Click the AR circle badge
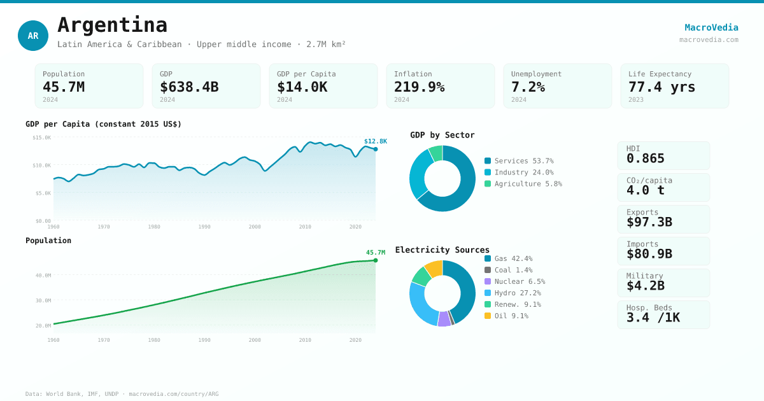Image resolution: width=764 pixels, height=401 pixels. point(33,36)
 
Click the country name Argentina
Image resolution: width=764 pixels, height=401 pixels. point(112,25)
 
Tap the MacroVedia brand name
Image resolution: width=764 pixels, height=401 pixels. point(711,27)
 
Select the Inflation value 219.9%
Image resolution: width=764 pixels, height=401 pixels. point(419,87)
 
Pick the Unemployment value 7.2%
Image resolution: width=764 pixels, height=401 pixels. point(528,87)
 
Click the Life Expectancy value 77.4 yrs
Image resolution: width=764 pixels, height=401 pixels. point(661,87)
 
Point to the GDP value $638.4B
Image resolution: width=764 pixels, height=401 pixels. point(189,87)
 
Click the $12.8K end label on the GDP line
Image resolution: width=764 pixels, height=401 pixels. point(375,141)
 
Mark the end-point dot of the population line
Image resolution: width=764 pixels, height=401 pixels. point(376,260)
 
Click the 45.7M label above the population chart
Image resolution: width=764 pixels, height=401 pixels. point(375,253)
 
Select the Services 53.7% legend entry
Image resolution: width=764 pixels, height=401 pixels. point(519,161)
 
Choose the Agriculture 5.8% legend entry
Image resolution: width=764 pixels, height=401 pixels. point(523,184)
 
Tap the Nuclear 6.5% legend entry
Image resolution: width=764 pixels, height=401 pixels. point(514,281)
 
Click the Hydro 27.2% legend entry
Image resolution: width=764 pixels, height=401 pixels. point(513,293)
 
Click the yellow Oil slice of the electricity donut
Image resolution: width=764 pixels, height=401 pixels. point(434,268)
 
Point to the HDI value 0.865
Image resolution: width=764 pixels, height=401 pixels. point(645,158)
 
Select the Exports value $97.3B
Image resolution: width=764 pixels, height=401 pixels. point(649,222)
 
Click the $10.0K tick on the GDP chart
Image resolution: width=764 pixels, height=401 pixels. point(42,165)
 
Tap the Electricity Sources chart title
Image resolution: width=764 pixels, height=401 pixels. point(442,250)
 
